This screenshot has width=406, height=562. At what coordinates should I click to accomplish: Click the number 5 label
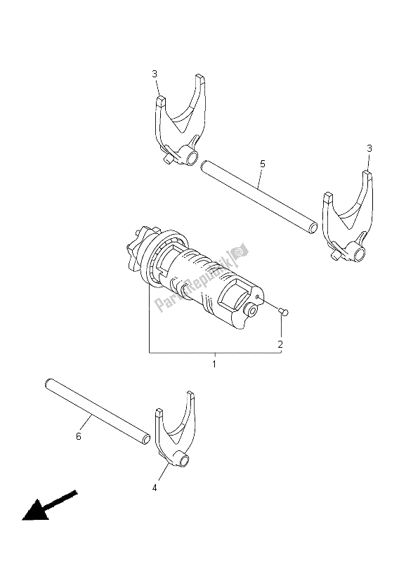click(x=262, y=164)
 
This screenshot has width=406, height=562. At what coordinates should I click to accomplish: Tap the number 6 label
click(x=78, y=436)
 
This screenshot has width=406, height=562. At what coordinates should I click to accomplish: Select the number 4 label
click(x=153, y=487)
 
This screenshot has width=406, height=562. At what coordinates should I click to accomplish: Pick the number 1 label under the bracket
click(x=215, y=365)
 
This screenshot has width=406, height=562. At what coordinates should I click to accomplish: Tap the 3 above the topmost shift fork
click(x=154, y=74)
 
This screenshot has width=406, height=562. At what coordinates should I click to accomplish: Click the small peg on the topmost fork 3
click(x=167, y=160)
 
